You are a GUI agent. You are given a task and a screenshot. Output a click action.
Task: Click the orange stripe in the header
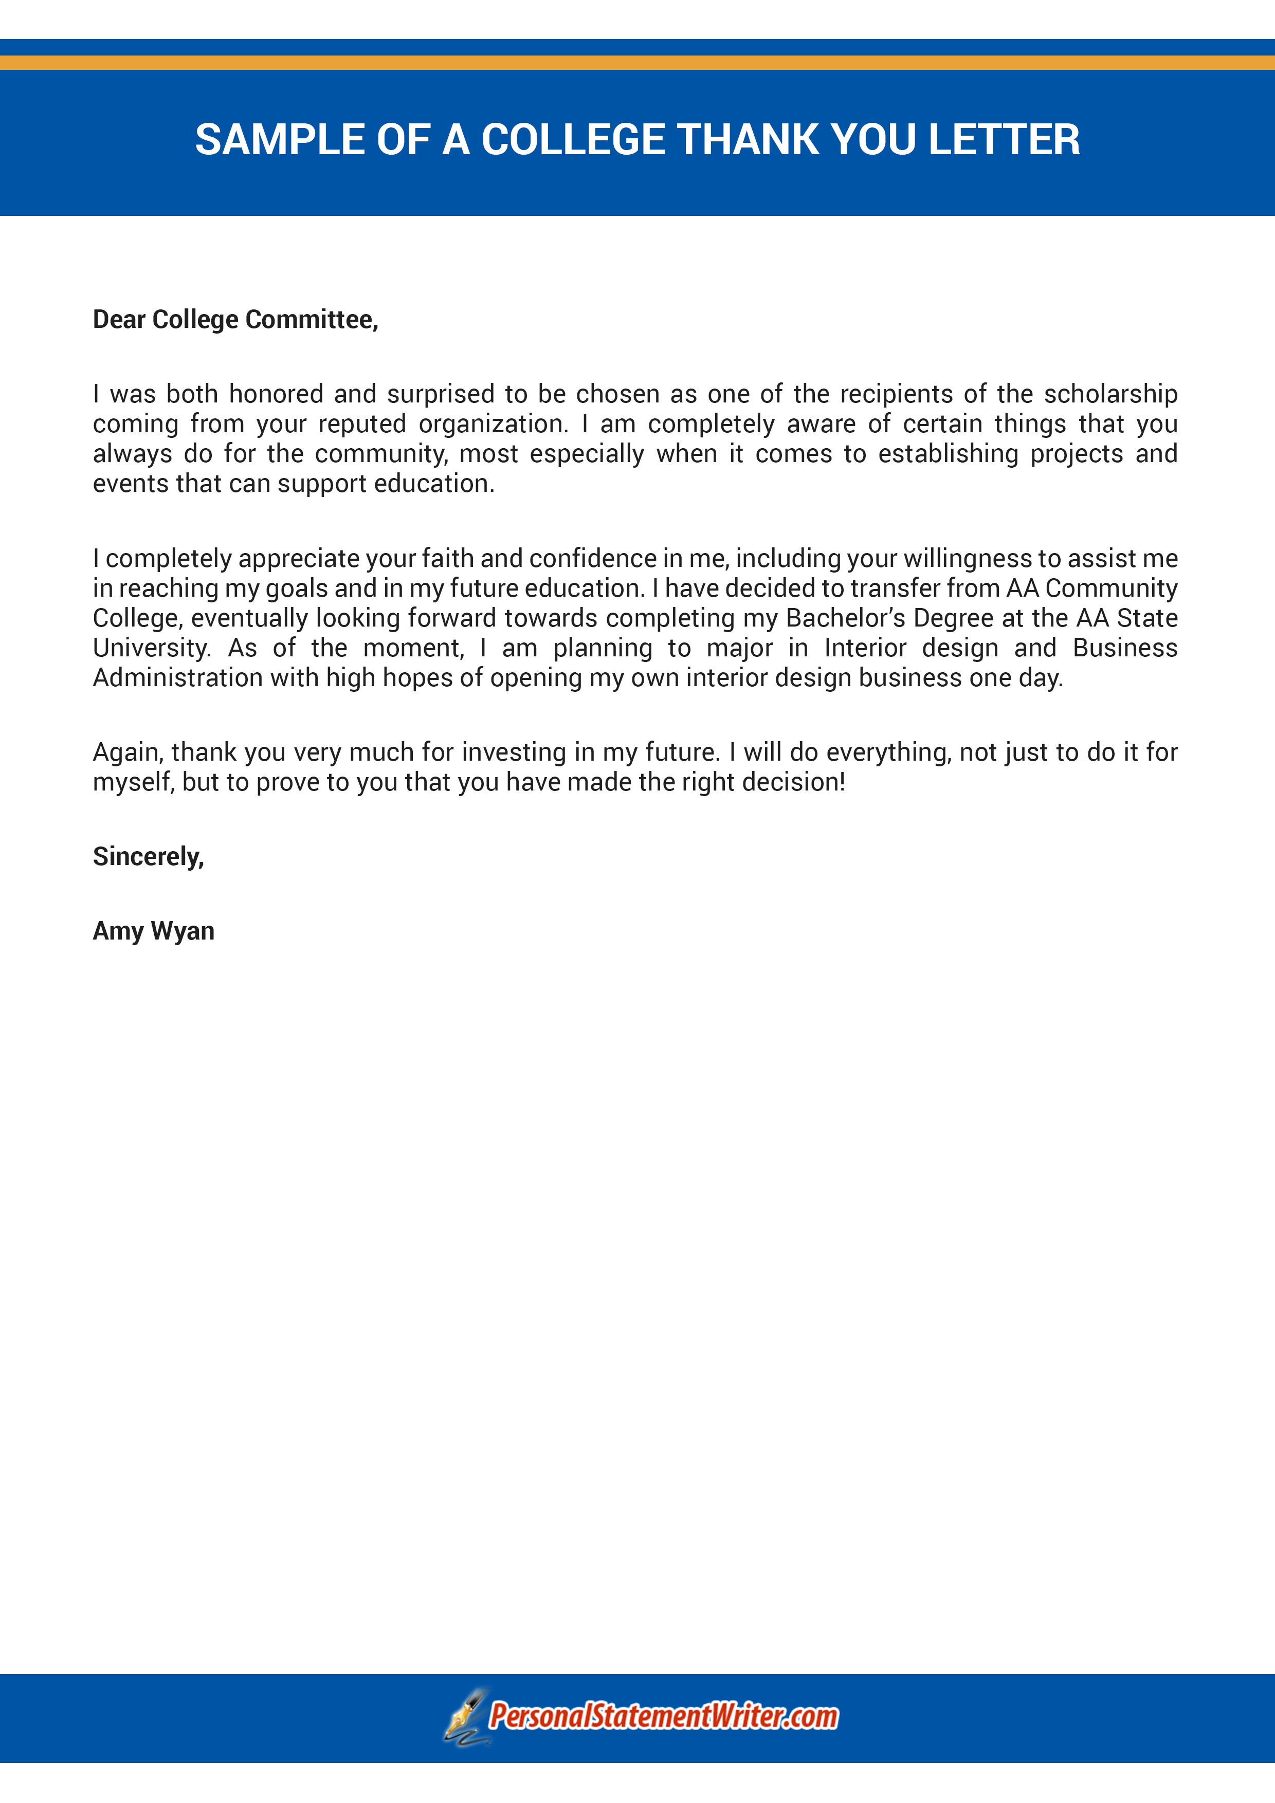click(637, 62)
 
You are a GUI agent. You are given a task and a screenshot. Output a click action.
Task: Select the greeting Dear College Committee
click(235, 320)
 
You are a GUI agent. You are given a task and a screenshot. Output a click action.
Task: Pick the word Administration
click(177, 678)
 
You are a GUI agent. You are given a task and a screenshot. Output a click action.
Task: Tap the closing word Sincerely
click(148, 856)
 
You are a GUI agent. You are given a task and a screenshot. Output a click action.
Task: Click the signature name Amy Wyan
click(153, 931)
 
